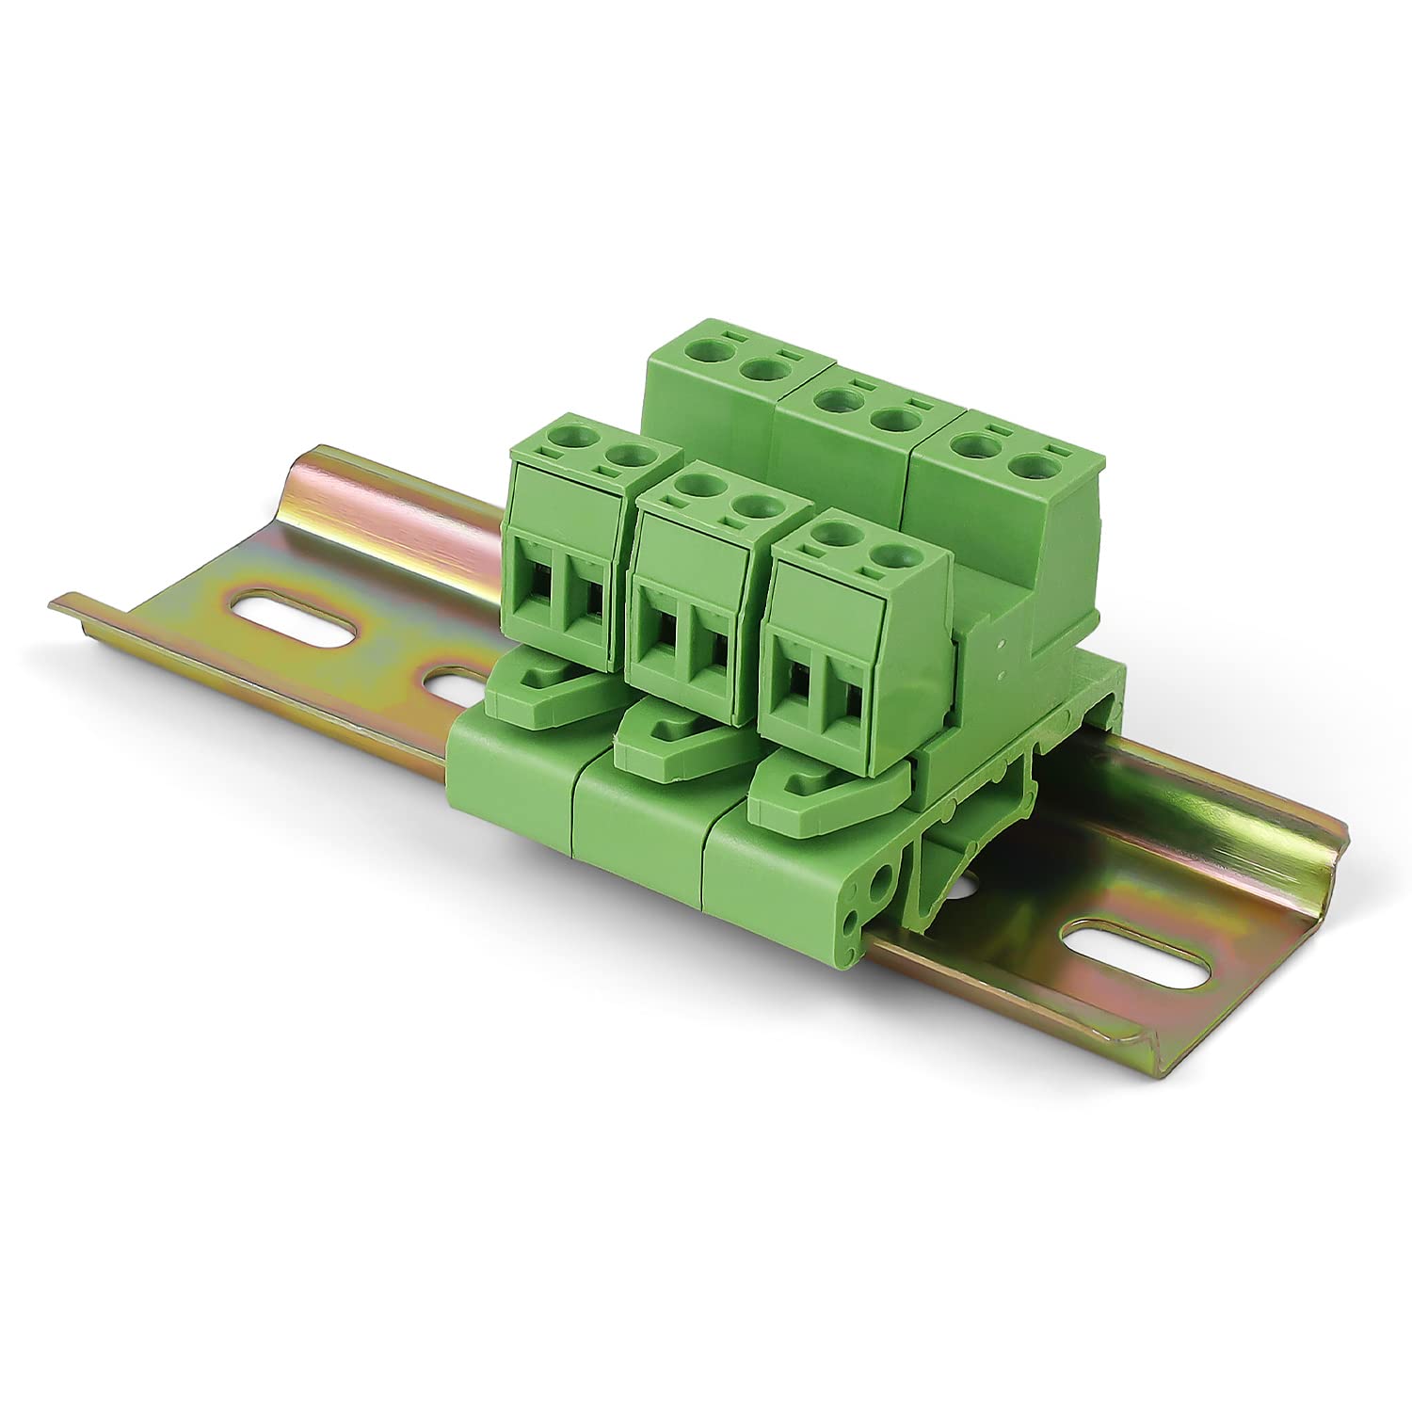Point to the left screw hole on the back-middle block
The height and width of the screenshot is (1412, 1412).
830,399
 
